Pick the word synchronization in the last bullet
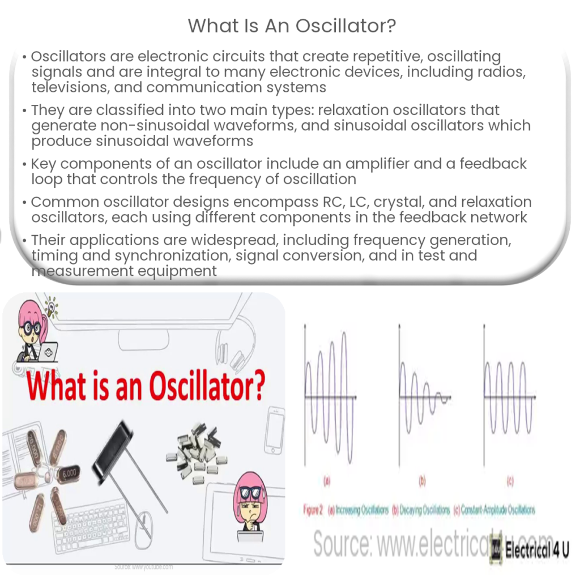click(x=173, y=255)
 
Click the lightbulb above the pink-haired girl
click(x=52, y=308)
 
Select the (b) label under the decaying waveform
click(x=422, y=482)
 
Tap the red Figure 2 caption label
click(x=313, y=510)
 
